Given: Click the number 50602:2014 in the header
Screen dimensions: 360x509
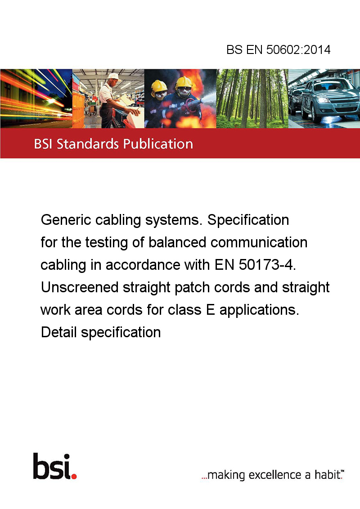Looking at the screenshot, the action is click(298, 49).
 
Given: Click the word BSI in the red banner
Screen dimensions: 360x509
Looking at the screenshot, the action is click(43, 144).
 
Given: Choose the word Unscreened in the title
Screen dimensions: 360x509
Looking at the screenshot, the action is click(80, 287).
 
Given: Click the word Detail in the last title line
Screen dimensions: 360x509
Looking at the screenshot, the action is click(59, 332).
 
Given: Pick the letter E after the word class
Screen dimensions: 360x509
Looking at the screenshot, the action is click(210, 310).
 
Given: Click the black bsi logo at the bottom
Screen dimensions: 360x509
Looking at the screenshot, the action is click(54, 466).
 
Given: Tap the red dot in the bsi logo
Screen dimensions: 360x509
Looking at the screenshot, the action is click(74, 476).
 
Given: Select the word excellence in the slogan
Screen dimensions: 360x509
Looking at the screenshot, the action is click(275, 475).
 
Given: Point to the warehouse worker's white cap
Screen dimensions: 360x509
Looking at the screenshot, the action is click(113, 76).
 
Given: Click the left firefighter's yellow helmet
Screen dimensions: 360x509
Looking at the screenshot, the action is click(159, 86).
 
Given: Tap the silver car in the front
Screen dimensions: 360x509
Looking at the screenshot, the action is click(329, 100).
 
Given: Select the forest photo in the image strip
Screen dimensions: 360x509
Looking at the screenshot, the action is click(252, 98).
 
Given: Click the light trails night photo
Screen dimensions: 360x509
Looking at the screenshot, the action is click(36, 98).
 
